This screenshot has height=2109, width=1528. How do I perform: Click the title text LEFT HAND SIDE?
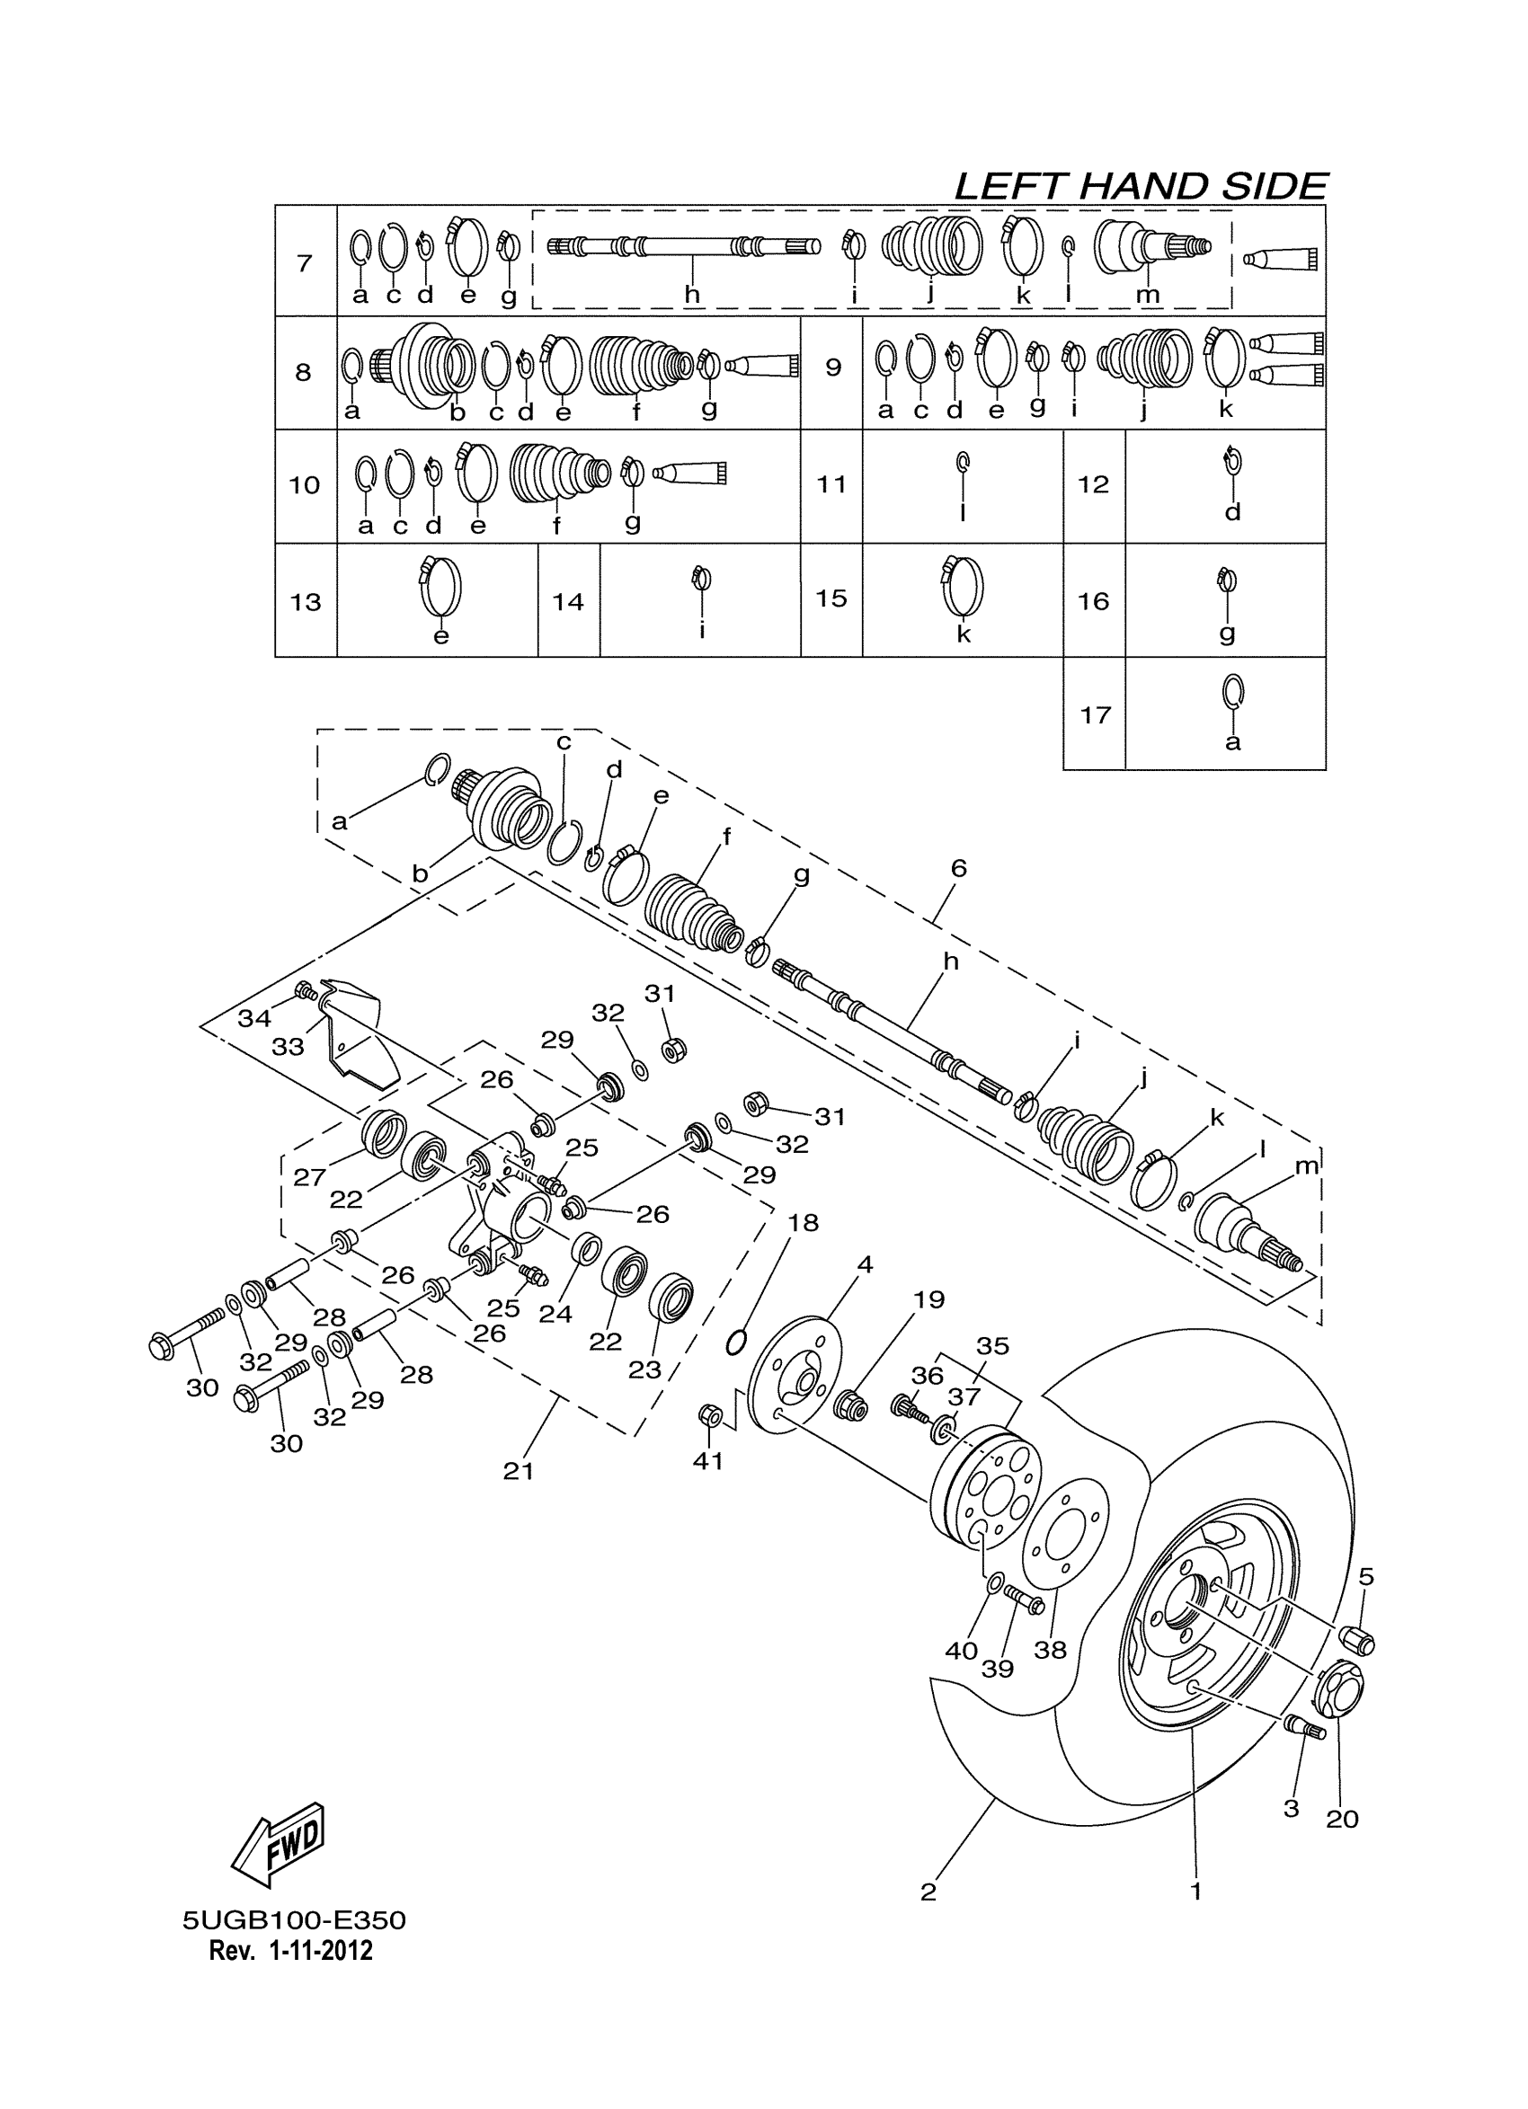[x=1141, y=187]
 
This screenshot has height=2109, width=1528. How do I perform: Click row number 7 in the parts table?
[x=304, y=263]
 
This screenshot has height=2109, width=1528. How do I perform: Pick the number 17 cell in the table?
[x=1095, y=715]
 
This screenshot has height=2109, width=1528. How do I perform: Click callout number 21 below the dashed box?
[x=518, y=1470]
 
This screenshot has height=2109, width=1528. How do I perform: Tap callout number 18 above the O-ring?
[x=803, y=1222]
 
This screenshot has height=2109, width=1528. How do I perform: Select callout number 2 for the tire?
[x=928, y=1892]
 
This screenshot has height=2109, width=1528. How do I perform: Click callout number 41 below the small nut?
[x=707, y=1460]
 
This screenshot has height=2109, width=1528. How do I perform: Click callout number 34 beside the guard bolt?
[x=253, y=1018]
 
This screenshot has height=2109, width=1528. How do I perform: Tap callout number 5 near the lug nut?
[x=1365, y=1576]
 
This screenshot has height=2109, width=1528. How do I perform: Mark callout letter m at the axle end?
[x=1307, y=1165]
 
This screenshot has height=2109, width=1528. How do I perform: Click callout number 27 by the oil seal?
[x=310, y=1177]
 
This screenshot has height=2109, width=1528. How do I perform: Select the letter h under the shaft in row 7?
[x=692, y=295]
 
